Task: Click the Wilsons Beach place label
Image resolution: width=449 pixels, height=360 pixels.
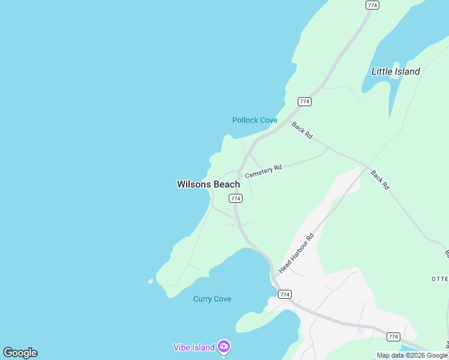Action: [208, 184]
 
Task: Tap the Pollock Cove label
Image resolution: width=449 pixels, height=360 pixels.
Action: [255, 120]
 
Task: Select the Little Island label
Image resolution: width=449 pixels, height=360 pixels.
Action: [396, 71]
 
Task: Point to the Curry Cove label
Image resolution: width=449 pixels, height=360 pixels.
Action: [212, 299]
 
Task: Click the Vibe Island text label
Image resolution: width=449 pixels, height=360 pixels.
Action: [194, 347]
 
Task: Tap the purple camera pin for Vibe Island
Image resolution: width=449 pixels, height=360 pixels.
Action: [224, 346]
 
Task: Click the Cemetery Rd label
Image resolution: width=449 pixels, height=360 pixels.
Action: [263, 171]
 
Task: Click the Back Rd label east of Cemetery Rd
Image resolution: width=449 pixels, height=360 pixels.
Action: [380, 180]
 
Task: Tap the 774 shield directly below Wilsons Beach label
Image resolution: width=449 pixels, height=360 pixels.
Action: [235, 198]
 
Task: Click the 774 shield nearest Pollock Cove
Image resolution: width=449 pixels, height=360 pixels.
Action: [305, 101]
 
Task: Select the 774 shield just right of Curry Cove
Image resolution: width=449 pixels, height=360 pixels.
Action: [285, 294]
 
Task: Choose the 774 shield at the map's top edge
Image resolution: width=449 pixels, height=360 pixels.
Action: [372, 5]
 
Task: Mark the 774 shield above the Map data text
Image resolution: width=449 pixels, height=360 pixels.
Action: [393, 337]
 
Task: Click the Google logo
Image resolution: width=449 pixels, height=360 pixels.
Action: [20, 353]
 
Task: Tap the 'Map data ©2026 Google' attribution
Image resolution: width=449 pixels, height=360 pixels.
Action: [412, 355]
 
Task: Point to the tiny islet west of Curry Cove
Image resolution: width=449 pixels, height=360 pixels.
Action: [150, 281]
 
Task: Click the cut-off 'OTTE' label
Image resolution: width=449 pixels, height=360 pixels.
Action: [439, 279]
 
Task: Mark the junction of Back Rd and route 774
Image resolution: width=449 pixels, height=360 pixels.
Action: [287, 118]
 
